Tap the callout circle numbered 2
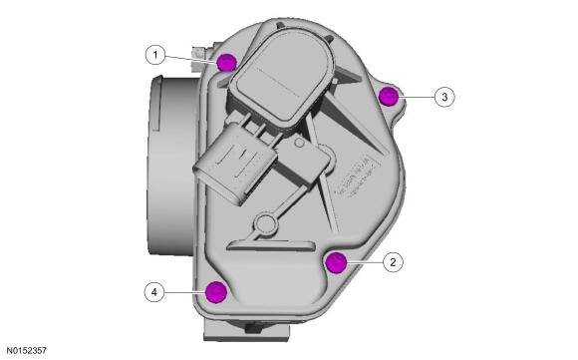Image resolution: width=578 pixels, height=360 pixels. [393, 262]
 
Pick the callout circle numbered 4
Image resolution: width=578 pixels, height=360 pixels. [153, 292]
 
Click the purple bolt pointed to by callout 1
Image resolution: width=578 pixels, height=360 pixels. [226, 62]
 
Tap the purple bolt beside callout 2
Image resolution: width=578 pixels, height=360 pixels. [337, 262]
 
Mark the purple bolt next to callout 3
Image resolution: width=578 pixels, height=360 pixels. [390, 96]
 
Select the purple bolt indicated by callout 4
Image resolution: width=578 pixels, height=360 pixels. [213, 292]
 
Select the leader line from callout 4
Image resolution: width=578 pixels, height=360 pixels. [184, 292]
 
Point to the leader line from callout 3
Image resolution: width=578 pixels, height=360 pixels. [418, 96]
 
